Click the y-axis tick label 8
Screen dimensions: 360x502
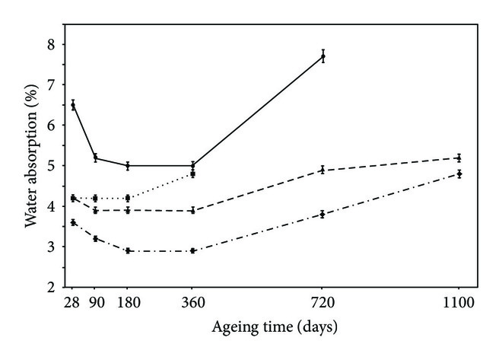tap(50, 45)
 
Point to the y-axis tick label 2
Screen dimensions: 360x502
tap(50, 288)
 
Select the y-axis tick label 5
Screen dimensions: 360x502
tap(50, 166)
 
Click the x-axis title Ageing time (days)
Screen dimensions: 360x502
tap(265, 328)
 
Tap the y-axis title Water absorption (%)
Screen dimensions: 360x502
tap(27, 165)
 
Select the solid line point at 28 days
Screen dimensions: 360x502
tap(73, 105)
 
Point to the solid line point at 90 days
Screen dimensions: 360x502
tap(95, 158)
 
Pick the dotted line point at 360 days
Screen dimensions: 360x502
tap(193, 174)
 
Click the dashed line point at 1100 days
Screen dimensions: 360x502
tap(459, 158)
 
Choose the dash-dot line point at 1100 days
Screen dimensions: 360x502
tap(459, 174)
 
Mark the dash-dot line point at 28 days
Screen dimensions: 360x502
tap(73, 222)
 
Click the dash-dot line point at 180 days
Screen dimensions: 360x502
tap(128, 250)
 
